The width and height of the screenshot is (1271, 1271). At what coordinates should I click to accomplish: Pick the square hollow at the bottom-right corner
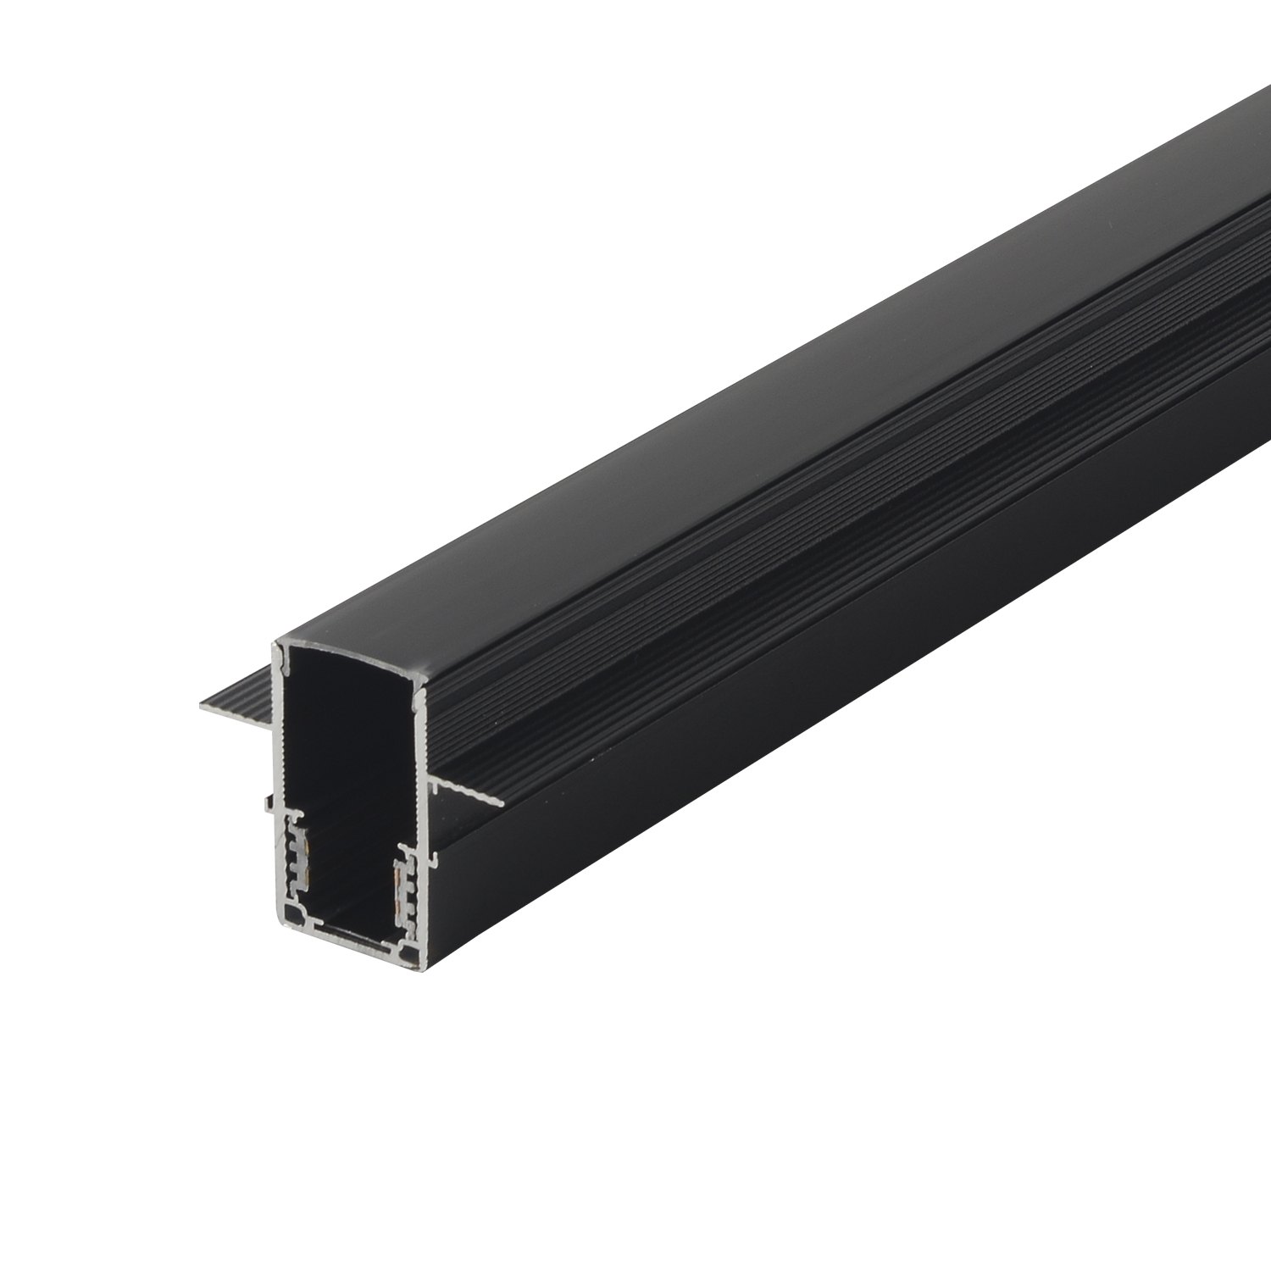410,956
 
